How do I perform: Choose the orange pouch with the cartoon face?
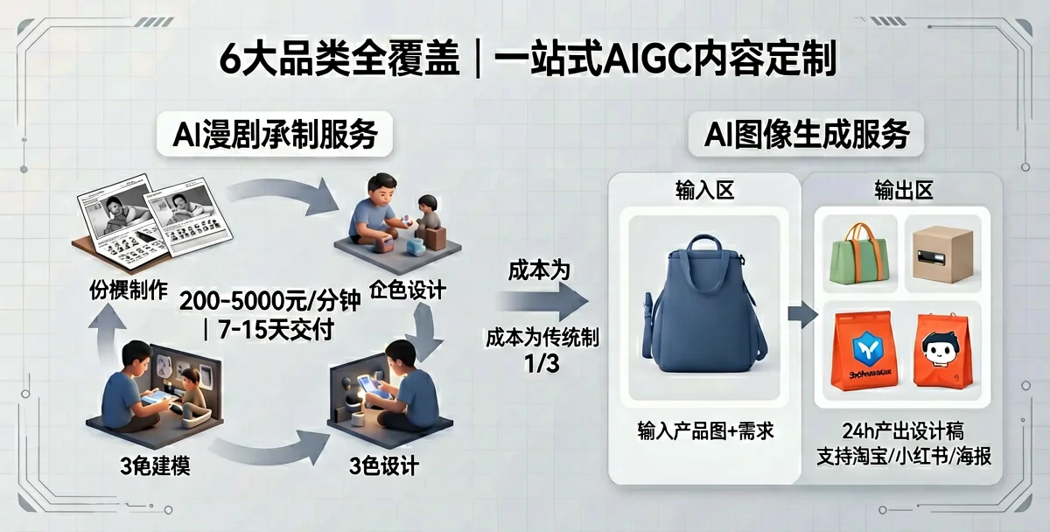pos(942,351)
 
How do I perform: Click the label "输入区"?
pos(703,191)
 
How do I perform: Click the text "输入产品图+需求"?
pos(705,430)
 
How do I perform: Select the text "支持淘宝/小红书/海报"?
pos(904,456)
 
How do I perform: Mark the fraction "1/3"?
pos(541,363)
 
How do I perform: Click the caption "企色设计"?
pos(408,290)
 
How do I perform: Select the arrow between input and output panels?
pos(801,314)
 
